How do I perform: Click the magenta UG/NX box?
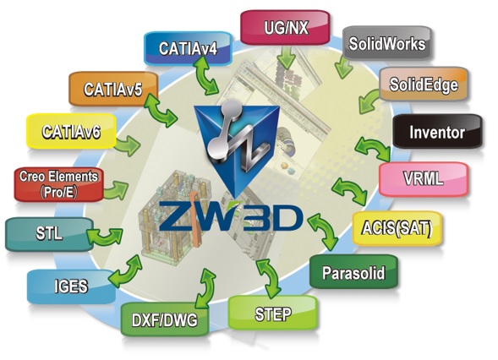coord(285,27)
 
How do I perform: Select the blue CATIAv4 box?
coord(188,48)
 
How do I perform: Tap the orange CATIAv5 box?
coord(113,89)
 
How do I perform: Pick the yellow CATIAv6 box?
coord(71,131)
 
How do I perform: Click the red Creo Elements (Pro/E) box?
coord(59,184)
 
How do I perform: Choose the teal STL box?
coord(49,234)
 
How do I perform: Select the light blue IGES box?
coord(71,286)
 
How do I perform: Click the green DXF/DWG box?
coord(165,319)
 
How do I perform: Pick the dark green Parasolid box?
coord(353,272)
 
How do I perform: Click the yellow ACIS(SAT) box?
coord(397,228)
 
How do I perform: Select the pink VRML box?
coord(424,179)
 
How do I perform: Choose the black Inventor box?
coord(437,131)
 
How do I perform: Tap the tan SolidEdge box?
coord(424,85)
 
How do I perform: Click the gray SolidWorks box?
coord(387,43)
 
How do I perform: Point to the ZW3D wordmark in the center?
coord(230,216)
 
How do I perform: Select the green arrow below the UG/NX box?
coord(286,57)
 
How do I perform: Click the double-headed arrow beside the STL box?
coord(105,236)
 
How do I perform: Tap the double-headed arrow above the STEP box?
coord(268,279)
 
